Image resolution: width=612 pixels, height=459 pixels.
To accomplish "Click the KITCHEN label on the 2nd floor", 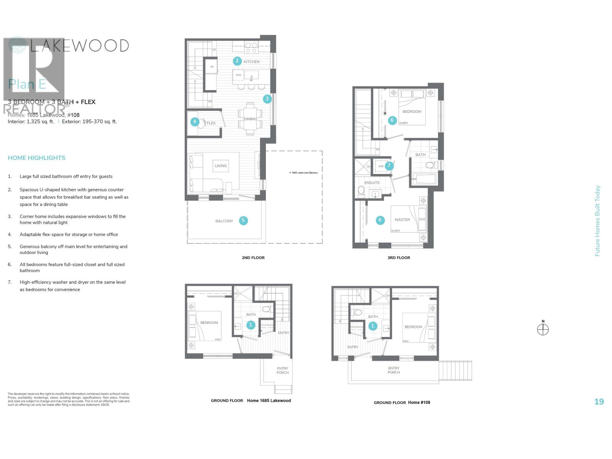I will pos(251,62).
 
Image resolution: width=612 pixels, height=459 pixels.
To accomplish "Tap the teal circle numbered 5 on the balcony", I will pos(243,220).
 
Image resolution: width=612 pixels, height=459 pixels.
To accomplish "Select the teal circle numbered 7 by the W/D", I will pos(389,166).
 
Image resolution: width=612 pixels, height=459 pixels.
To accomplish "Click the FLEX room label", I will pos(211,123).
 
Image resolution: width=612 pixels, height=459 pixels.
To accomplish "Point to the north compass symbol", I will pos(543,329).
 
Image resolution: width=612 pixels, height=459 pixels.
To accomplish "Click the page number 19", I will pos(599,401).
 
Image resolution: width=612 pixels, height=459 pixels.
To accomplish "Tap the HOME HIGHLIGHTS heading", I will pos(36,158).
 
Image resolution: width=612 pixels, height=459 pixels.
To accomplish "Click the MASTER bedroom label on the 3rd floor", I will pos(402,220).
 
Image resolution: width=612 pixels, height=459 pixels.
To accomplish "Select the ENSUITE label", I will pos(372,183).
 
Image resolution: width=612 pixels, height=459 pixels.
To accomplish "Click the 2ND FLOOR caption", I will pos(253,258).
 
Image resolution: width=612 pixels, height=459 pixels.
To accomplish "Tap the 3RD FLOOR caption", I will pos(399,258).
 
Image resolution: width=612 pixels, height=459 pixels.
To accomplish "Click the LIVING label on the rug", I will pos(221,166).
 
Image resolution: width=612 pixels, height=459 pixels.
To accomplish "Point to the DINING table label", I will pos(250,119).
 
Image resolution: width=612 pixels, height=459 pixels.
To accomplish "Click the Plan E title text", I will pos(27,84).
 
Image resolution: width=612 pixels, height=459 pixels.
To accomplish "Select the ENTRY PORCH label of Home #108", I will pos(394,370).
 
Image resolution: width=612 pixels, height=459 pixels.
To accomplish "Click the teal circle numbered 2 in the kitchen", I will pos(237,60).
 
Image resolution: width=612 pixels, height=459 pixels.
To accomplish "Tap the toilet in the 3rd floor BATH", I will pos(430,165).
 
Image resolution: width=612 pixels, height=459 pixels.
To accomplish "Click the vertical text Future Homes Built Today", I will pos(597,221).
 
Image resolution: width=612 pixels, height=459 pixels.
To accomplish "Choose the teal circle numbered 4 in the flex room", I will pos(195,122).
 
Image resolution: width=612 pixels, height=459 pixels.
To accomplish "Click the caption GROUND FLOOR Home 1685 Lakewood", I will pos(251,400).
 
